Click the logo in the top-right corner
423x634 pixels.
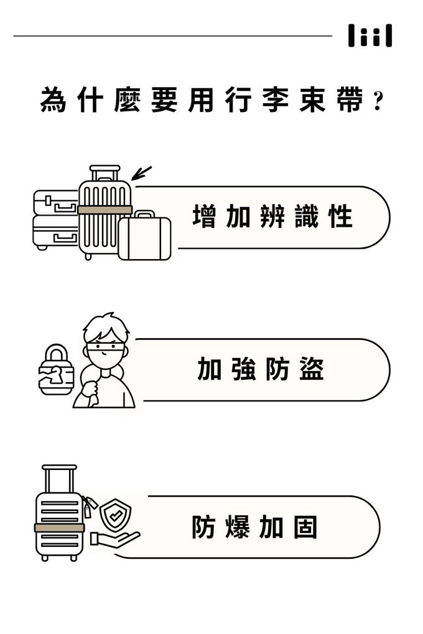[x=370, y=35]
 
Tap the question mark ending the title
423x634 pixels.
[x=378, y=101]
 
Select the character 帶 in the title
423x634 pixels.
[x=351, y=100]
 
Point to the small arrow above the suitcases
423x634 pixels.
[x=141, y=173]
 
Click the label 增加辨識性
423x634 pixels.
[x=273, y=217]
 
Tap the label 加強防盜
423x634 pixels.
[x=261, y=369]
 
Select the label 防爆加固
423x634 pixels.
[x=254, y=526]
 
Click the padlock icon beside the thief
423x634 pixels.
[x=56, y=370]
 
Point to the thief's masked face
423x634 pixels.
[x=105, y=351]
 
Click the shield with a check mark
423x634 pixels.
[x=115, y=513]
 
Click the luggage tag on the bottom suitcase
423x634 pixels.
[x=90, y=506]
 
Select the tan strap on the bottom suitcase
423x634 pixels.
[x=60, y=528]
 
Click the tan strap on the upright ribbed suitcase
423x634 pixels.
[x=105, y=209]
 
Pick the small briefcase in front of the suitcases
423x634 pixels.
[x=144, y=236]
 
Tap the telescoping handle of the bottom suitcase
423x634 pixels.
[x=60, y=479]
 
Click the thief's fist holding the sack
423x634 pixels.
[x=90, y=390]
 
